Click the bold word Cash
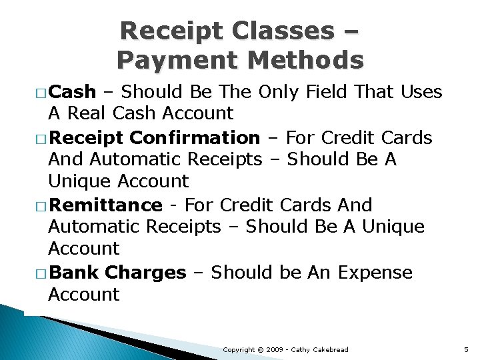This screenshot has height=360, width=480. (73, 92)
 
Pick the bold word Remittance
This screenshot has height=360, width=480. (105, 205)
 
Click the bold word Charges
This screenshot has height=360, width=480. (146, 273)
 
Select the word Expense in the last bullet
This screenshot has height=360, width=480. (375, 273)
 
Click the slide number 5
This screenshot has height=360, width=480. (466, 349)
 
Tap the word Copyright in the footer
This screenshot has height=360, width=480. (238, 349)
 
